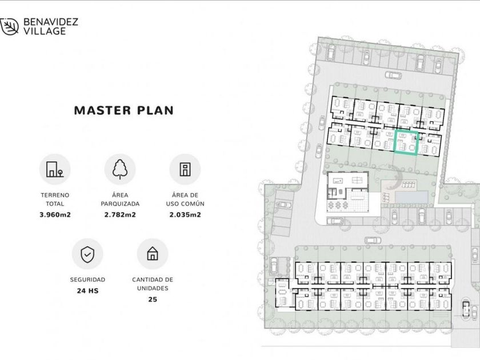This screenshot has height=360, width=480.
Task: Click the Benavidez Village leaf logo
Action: coord(9,27)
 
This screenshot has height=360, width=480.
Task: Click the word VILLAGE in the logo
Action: coord(45,31)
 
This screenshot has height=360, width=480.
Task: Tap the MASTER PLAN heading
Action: coord(124,110)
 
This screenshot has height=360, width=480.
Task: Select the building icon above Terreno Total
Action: coord(55,169)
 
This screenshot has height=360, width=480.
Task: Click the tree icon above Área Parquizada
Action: coord(120,169)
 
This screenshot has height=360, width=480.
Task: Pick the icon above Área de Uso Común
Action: coord(185,169)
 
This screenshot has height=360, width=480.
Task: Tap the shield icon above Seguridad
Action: coord(87,254)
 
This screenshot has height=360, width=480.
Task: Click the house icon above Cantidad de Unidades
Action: coord(153,254)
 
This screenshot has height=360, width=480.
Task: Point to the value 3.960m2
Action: coord(55,215)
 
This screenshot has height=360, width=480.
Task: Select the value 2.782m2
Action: coord(120,215)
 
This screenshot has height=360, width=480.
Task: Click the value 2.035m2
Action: coord(185,215)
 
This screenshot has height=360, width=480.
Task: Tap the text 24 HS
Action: coord(88,291)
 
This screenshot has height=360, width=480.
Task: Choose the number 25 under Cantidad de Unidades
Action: coord(153,299)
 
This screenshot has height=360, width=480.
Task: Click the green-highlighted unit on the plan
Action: coord(406,142)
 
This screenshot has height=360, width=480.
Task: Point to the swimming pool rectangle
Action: coord(411,197)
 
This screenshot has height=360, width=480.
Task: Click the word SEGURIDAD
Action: coord(87,280)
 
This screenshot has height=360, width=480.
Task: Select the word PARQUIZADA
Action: coord(120,204)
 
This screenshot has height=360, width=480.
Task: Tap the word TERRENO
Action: coord(55,195)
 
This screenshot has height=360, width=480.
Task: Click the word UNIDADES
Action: coord(153,289)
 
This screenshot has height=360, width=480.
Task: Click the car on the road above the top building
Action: coord(393,75)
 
